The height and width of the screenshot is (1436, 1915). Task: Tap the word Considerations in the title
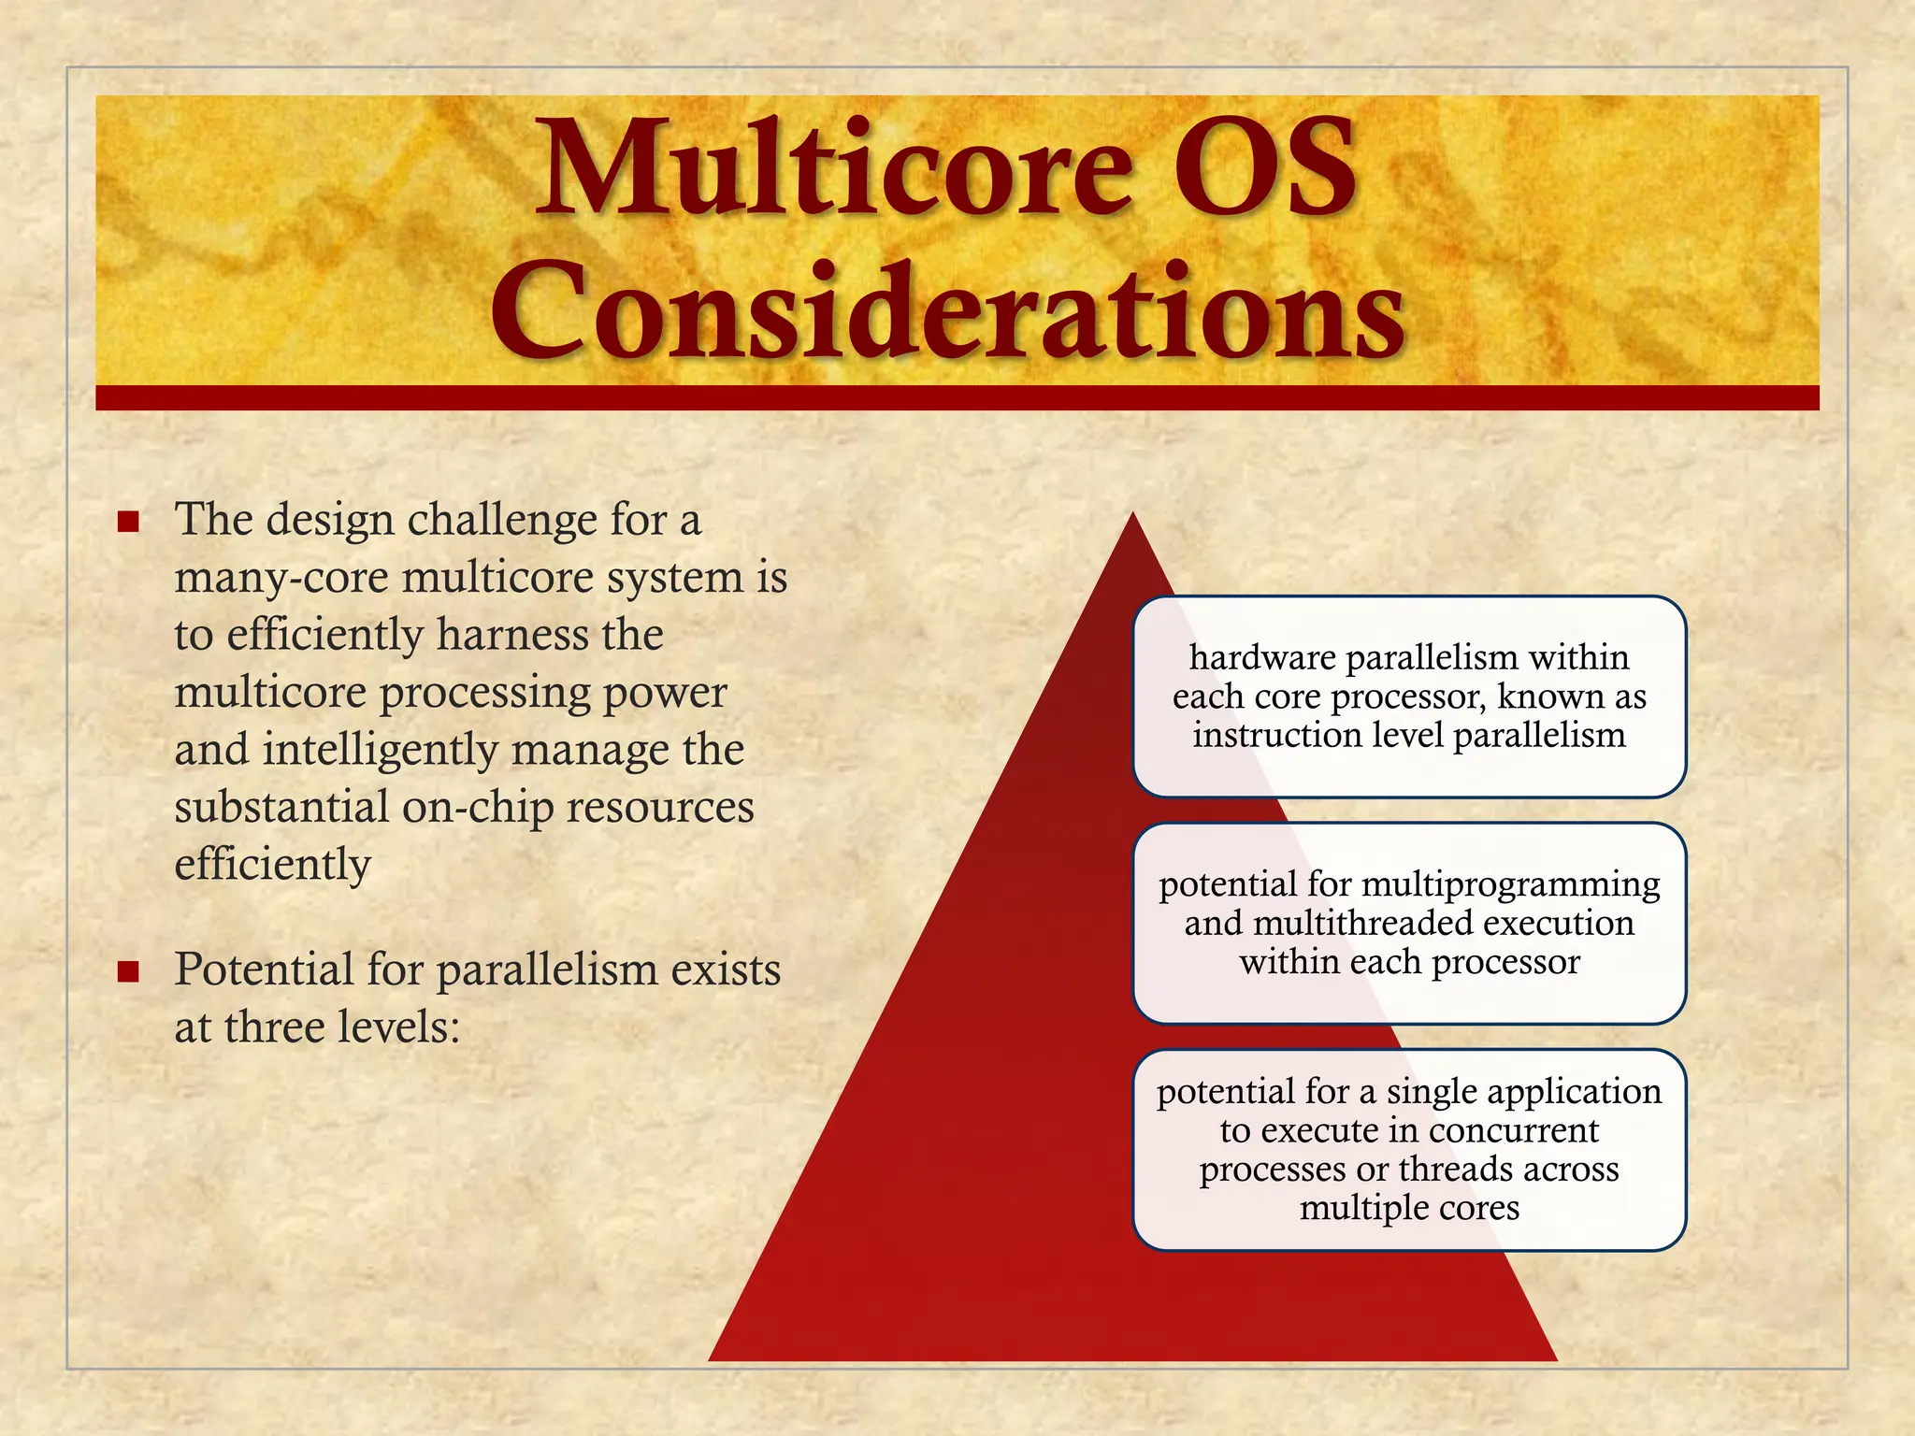click(x=946, y=313)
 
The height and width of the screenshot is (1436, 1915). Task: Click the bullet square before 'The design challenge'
click(x=129, y=522)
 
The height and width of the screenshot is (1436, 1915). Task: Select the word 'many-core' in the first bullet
click(x=281, y=578)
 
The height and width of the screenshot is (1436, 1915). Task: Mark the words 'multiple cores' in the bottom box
click(x=1409, y=1208)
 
